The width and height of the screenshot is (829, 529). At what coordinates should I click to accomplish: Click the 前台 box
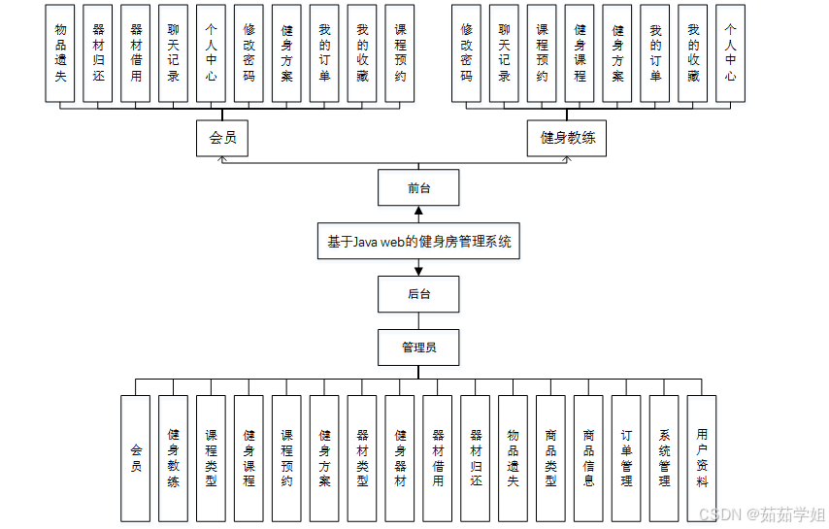click(418, 188)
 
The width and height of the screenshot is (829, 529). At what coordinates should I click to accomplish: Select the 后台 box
click(418, 294)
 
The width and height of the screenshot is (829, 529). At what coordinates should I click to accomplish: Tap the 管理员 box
click(418, 347)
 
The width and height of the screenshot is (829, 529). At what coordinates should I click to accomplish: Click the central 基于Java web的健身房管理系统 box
click(418, 242)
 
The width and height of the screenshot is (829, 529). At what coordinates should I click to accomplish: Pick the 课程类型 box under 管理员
click(211, 457)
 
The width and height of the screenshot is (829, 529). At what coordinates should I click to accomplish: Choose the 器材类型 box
click(362, 457)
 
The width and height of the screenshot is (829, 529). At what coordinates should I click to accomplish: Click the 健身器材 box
click(400, 457)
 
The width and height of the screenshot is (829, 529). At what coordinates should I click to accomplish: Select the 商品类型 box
click(551, 457)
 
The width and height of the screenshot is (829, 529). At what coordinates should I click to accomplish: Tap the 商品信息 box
click(589, 457)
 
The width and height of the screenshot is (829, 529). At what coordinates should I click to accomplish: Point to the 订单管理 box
click(627, 457)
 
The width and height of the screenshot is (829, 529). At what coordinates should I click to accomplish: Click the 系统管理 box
click(665, 457)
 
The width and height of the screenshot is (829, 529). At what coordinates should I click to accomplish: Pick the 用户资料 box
click(702, 457)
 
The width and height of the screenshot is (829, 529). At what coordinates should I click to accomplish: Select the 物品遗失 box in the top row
click(60, 52)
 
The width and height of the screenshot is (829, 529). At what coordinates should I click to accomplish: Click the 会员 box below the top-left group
click(222, 138)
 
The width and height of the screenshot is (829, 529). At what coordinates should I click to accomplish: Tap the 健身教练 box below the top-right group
click(567, 138)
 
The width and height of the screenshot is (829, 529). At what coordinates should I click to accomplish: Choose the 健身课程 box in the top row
click(580, 52)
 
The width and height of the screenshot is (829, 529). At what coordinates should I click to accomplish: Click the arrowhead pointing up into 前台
click(418, 212)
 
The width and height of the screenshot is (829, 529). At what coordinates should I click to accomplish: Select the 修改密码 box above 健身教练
click(467, 52)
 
